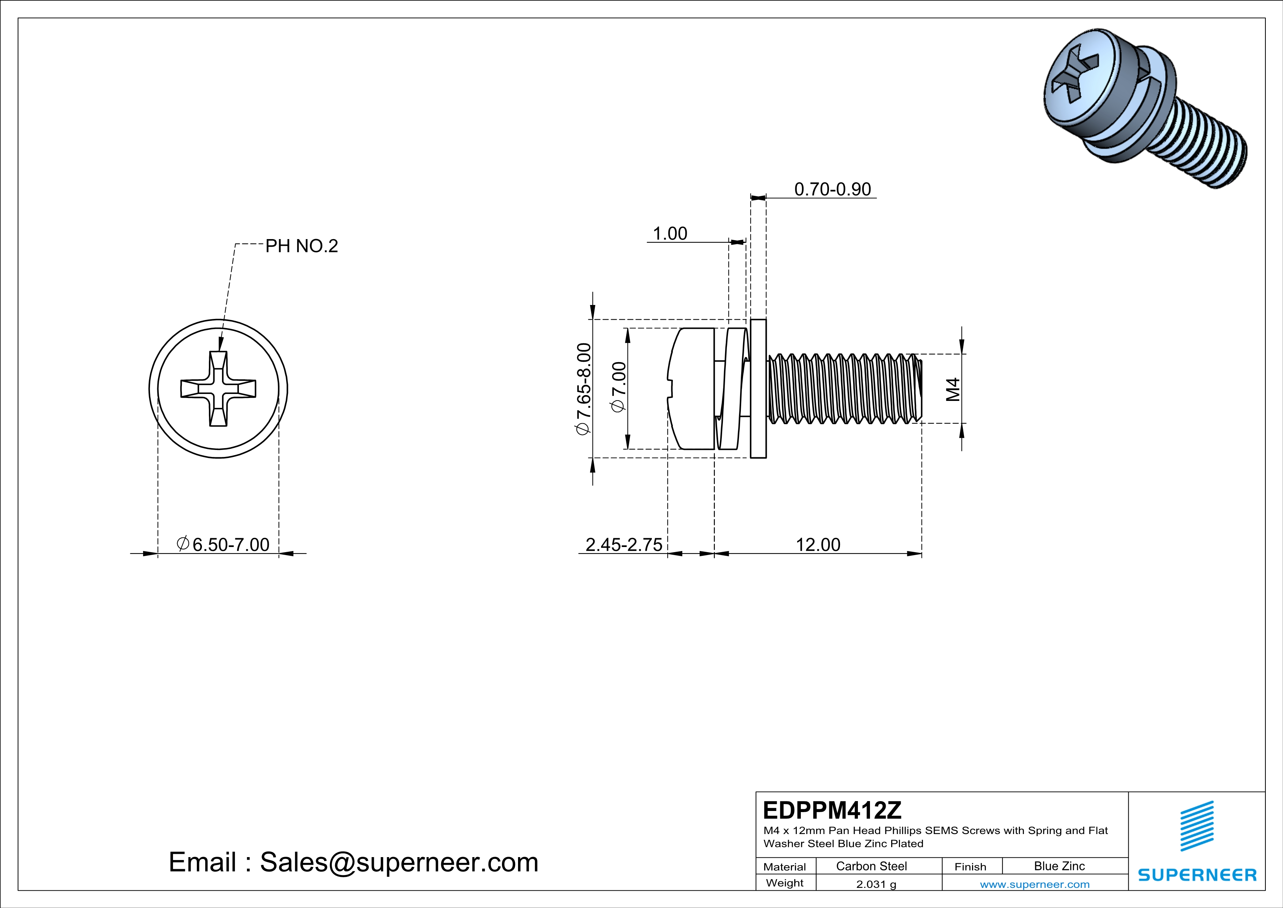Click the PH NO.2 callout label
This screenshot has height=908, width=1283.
[301, 246]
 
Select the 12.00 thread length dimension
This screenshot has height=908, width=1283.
[818, 544]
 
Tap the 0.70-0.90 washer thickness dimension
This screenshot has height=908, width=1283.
[832, 190]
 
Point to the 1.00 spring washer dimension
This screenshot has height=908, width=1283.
[670, 234]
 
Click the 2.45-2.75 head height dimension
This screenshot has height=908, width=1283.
[624, 544]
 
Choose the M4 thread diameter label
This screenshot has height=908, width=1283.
[953, 389]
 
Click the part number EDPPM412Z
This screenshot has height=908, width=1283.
[832, 810]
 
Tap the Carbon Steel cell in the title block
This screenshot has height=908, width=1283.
[871, 866]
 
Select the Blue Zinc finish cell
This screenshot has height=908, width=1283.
[1059, 866]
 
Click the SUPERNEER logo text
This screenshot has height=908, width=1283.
[1197, 875]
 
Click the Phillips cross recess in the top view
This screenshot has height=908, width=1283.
[218, 389]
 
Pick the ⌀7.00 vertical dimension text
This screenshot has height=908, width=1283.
[619, 387]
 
